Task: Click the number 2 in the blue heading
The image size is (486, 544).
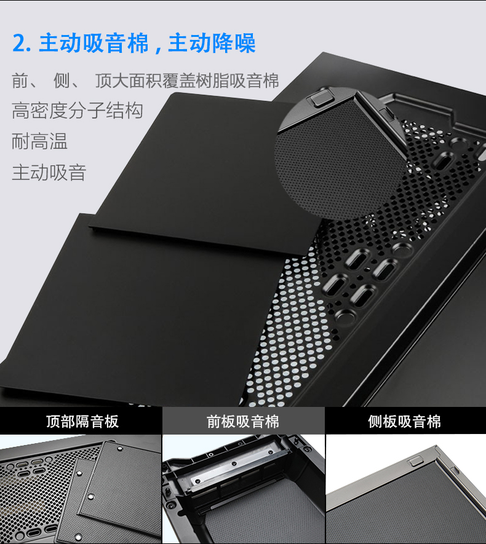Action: [x=19, y=44]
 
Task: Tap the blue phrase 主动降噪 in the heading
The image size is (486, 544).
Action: [x=212, y=43]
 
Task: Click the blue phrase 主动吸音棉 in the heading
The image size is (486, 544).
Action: [x=94, y=43]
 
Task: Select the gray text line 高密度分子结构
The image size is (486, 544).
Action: [x=77, y=111]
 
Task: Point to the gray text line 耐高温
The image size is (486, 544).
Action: [x=39, y=141]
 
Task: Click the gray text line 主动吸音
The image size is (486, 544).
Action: [x=49, y=173]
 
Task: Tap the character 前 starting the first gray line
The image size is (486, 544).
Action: [x=20, y=81]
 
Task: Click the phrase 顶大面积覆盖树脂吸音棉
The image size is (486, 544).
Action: [x=187, y=81]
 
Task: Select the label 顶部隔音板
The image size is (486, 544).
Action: [x=82, y=421]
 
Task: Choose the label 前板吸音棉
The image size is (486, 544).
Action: [x=243, y=421]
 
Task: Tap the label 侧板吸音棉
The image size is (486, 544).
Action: [x=404, y=421]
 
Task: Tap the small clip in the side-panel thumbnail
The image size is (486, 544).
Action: [x=415, y=462]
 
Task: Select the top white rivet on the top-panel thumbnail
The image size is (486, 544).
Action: [x=120, y=449]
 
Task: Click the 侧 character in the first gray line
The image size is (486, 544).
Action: [x=62, y=81]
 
